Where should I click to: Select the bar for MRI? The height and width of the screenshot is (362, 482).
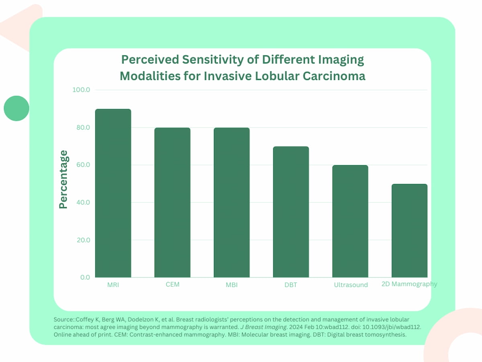pos(113,193)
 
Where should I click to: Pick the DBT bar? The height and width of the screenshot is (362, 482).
pos(291,212)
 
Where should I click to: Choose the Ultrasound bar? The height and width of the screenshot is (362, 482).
pos(350,221)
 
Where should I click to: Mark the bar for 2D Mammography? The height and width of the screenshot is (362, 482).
pos(409,230)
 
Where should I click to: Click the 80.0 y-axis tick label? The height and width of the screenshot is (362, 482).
pos(82,128)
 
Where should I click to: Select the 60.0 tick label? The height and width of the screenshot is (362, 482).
pos(82,165)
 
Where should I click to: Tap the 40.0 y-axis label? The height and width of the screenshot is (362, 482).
pos(82,202)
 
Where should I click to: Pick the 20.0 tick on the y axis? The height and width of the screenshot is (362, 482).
pos(82,240)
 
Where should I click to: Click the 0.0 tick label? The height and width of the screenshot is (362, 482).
pos(85,278)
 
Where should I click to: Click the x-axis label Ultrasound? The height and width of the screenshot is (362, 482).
pos(351,285)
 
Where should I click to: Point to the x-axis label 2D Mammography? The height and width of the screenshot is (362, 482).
pos(409,284)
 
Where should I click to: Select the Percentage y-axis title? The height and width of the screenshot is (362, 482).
pos(63,179)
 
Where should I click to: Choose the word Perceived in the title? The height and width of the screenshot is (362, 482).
pos(150,60)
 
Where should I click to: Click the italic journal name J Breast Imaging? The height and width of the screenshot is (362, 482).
pos(265,327)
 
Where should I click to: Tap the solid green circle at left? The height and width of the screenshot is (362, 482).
pos(16,108)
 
